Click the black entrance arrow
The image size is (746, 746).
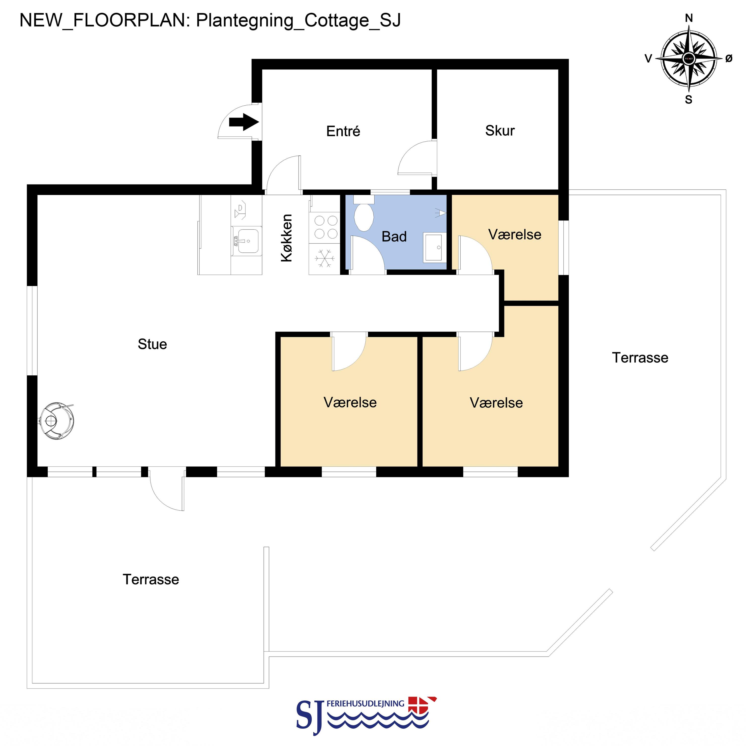click(244, 122)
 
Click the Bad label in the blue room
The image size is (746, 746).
click(394, 236)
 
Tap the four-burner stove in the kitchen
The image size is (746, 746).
click(326, 227)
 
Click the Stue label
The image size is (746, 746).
click(152, 344)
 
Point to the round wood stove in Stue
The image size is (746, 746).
click(57, 421)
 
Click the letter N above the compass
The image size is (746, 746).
click(688, 18)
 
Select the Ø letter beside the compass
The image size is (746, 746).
click(729, 58)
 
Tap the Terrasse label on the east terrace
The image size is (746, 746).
click(640, 358)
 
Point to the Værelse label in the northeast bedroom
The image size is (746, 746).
click(515, 234)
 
